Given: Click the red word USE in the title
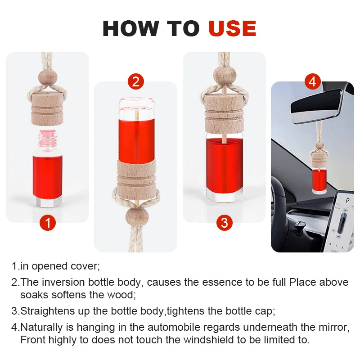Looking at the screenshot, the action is pyautogui.click(x=232, y=28).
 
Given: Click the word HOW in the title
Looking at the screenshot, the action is pyautogui.click(x=131, y=28).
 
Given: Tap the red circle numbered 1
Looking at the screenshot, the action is pyautogui.click(x=48, y=223).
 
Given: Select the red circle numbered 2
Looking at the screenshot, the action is pyautogui.click(x=136, y=82).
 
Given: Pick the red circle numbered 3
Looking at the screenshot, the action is pyautogui.click(x=224, y=223).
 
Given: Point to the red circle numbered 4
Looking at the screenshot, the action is pyautogui.click(x=313, y=82).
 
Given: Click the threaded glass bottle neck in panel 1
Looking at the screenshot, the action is pyautogui.click(x=48, y=140).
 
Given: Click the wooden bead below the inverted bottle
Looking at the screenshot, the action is pyautogui.click(x=137, y=216).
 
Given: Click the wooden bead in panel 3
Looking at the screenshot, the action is pyautogui.click(x=225, y=75).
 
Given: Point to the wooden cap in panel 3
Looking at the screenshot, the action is pyautogui.click(x=225, y=115).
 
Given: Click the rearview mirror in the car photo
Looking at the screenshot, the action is pyautogui.click(x=316, y=106).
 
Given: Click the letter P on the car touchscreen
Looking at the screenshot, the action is pyautogui.click(x=347, y=201).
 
